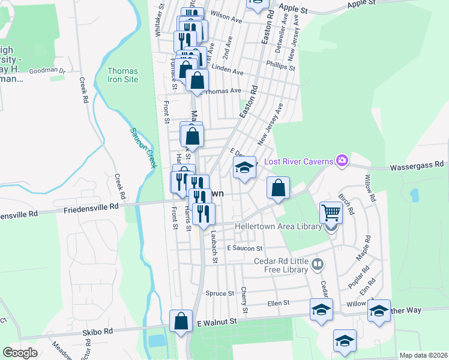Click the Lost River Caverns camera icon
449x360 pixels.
[x=342, y=160]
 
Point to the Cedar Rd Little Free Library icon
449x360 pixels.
[x=318, y=263]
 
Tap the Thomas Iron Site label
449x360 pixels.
[x=122, y=75]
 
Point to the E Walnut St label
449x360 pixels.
[x=217, y=322]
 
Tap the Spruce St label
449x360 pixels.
[x=219, y=293]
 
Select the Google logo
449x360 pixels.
[x=20, y=353]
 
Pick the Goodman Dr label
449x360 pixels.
[x=50, y=70]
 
